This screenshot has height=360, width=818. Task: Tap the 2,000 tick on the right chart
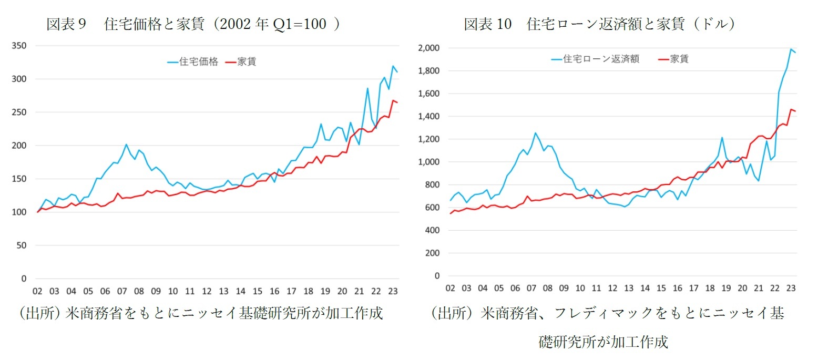[x=428, y=48]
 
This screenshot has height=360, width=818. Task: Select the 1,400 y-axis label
[x=428, y=117]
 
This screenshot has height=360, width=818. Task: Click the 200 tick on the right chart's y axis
[x=433, y=253]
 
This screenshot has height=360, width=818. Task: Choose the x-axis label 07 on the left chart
[x=122, y=291]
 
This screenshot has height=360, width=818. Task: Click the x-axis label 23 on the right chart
[x=790, y=288]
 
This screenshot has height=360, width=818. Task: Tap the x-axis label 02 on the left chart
[x=37, y=291]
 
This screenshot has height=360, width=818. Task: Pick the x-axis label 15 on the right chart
[x=661, y=288]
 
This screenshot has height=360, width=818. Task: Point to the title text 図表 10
[x=487, y=25]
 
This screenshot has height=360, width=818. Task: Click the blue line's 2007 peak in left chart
[x=126, y=145]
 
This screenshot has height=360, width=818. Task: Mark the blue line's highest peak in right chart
[x=790, y=49]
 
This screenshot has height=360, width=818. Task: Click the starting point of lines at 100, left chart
[x=37, y=212]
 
